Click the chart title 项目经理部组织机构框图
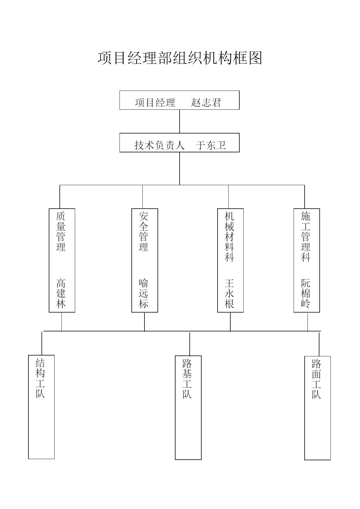click(x=180, y=58)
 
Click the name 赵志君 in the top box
click(x=206, y=102)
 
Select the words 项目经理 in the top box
click(x=155, y=102)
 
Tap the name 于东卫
click(x=211, y=145)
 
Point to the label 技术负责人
click(x=160, y=145)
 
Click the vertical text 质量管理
click(x=61, y=231)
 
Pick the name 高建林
click(x=61, y=293)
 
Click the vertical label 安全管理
click(x=144, y=231)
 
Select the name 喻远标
click(x=144, y=293)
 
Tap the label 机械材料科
click(x=229, y=237)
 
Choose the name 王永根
click(x=229, y=293)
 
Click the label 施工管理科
click(x=306, y=237)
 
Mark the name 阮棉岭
click(x=306, y=293)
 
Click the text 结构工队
click(x=40, y=378)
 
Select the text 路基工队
click(x=187, y=379)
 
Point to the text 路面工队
click(x=316, y=379)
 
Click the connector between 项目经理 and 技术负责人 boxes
click(x=180, y=121)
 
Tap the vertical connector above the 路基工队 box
click(x=190, y=344)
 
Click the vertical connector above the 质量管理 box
click(x=60, y=197)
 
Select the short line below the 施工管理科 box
click(x=308, y=322)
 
